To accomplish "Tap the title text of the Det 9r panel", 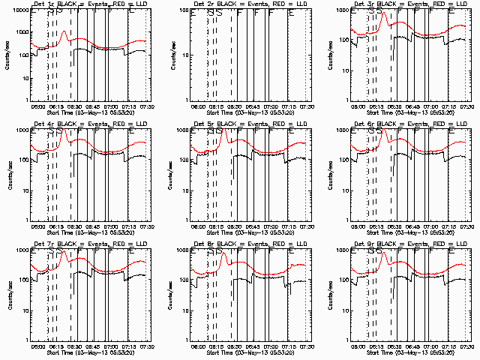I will pos(409,244).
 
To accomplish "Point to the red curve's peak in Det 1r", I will pos(64,32).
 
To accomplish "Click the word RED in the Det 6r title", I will pos(433,124).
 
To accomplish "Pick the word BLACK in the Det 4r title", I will pos(70,124).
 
